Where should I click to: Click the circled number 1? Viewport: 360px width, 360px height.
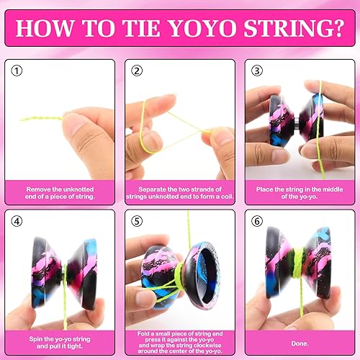click(x=17, y=71)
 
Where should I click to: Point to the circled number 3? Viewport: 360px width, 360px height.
click(x=257, y=71)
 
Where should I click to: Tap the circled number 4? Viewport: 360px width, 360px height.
click(x=17, y=221)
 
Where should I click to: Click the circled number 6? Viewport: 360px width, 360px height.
click(x=257, y=221)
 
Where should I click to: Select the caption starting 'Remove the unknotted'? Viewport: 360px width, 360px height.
click(x=59, y=191)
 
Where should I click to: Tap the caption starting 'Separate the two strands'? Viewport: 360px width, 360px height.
click(x=179, y=191)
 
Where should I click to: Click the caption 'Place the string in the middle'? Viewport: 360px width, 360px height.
click(x=299, y=191)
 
